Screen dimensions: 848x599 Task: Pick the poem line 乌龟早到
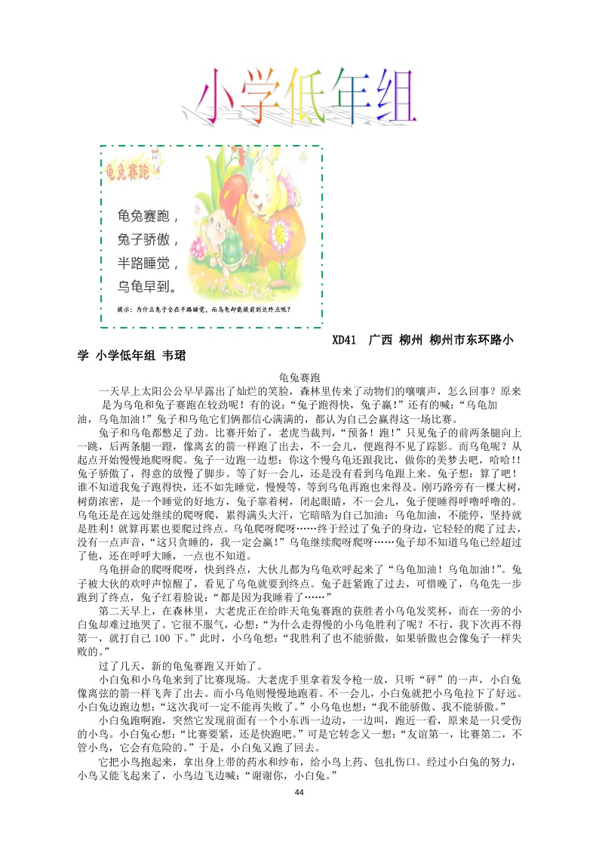coord(146,286)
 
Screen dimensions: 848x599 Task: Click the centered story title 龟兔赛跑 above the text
coord(299,376)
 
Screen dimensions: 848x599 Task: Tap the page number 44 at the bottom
coord(299,791)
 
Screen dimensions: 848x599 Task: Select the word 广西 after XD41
coord(379,341)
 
